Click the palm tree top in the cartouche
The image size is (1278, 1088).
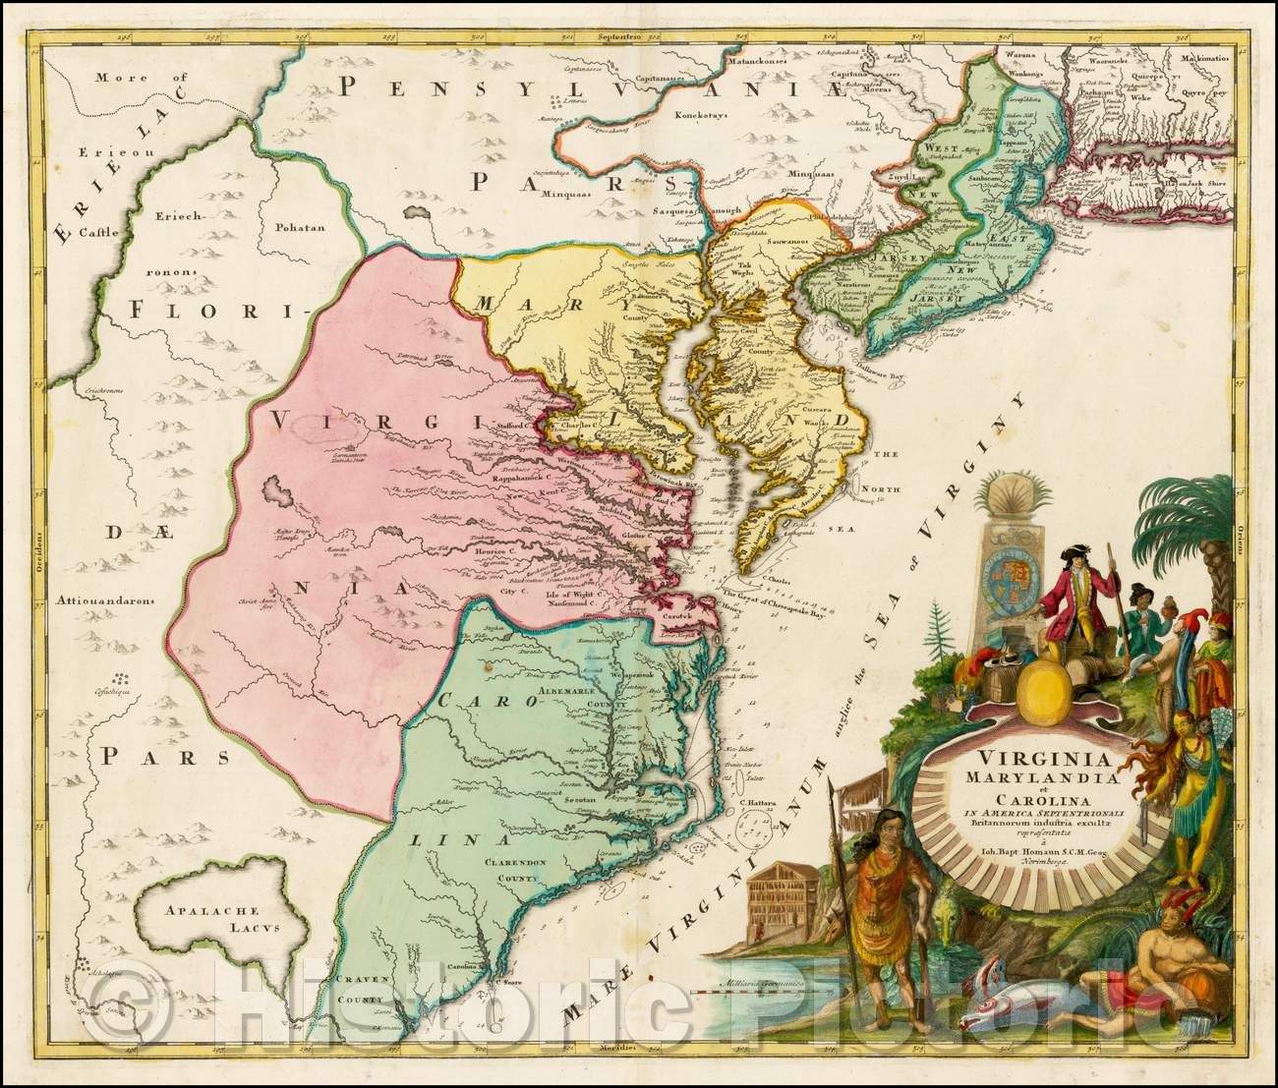pos(1190,511)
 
